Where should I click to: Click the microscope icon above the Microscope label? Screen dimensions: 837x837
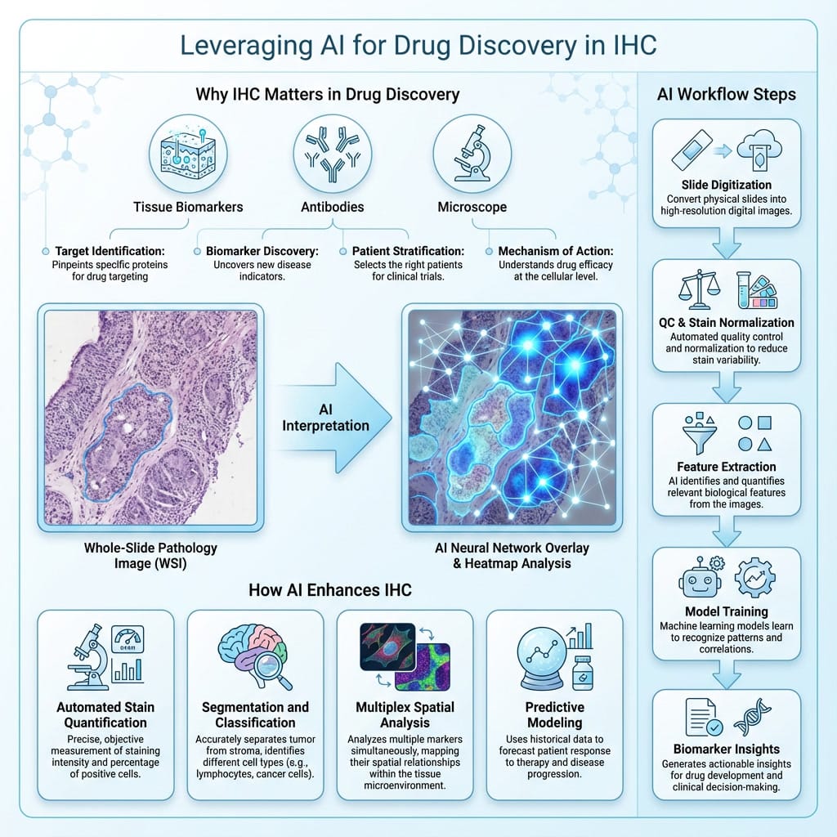click(472, 152)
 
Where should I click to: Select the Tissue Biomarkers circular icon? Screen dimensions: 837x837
click(187, 152)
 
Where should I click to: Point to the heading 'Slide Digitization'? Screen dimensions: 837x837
click(726, 185)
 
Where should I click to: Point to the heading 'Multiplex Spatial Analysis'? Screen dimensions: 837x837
click(405, 715)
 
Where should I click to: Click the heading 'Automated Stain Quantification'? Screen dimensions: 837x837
click(106, 715)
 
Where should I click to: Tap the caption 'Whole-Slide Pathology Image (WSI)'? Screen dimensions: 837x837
click(150, 555)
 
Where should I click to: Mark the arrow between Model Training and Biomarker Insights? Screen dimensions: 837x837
click(726, 674)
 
